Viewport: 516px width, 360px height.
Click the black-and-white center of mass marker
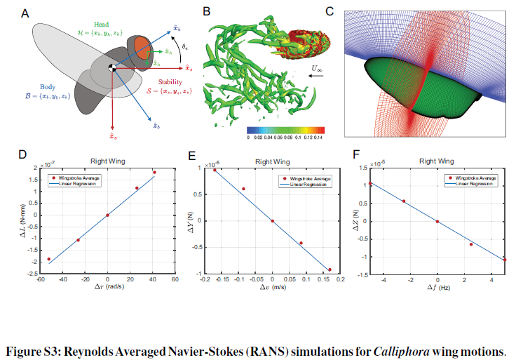point(112,67)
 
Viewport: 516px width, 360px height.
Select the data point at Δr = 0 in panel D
point(107,215)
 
